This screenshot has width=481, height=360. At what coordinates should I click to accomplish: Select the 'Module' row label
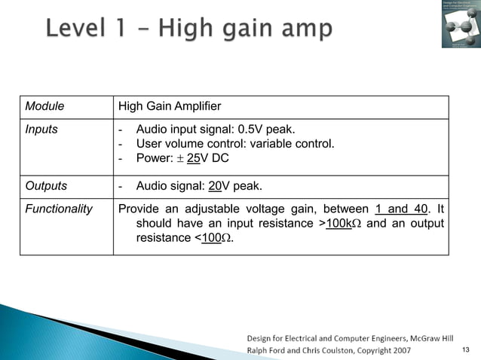(44, 107)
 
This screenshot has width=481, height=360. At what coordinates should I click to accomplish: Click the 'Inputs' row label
(41, 129)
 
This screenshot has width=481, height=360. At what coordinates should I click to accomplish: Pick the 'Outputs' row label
(46, 186)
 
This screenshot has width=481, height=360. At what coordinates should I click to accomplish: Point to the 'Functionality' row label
(59, 209)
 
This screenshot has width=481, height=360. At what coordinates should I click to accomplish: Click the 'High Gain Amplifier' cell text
(170, 107)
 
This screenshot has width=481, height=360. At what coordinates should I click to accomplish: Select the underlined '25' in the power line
(193, 158)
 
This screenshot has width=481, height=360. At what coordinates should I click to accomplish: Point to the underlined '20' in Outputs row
(215, 186)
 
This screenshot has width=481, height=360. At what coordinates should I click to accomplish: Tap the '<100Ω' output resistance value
(213, 239)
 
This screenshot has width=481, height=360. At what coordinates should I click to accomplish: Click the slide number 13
(464, 349)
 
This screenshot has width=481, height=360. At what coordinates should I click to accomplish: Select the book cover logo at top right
(460, 23)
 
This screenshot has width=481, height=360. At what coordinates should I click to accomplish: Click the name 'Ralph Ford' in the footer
(269, 349)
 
